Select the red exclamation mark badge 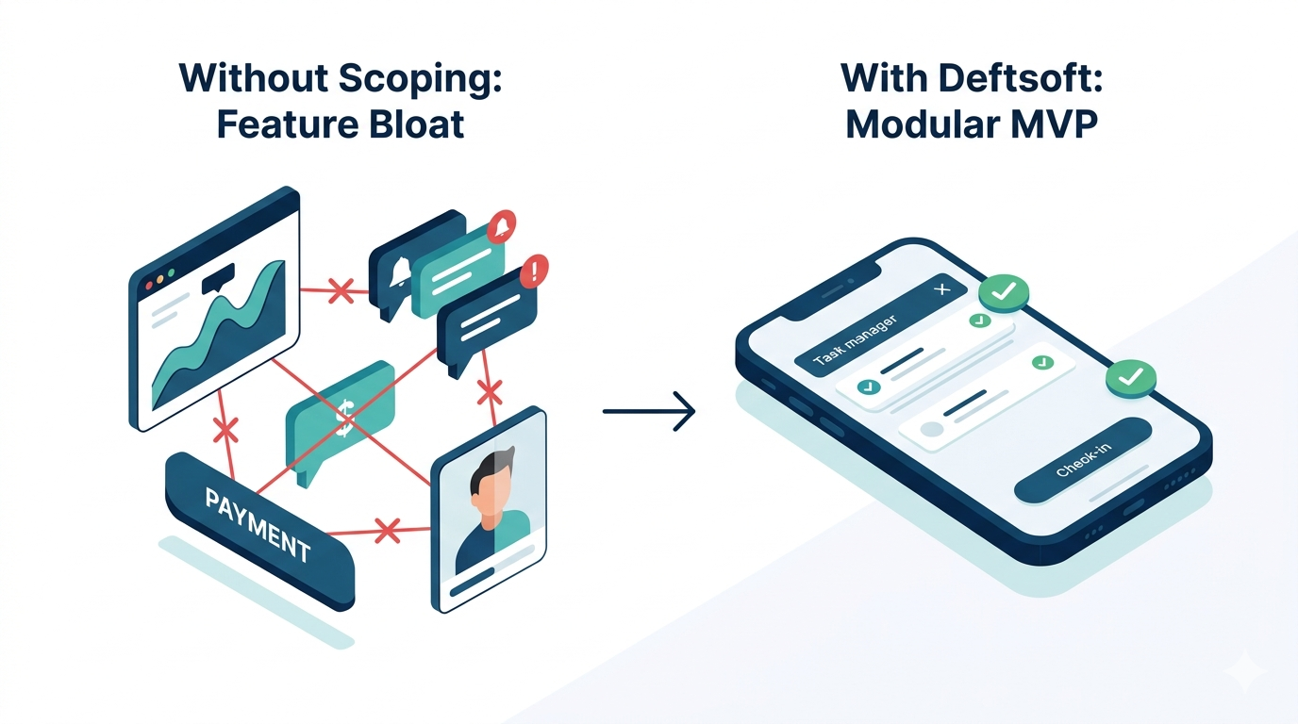click(534, 271)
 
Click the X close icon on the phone click(940, 289)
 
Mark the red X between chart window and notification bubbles click(341, 290)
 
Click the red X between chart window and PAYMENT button click(225, 432)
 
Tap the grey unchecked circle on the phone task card click(933, 429)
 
